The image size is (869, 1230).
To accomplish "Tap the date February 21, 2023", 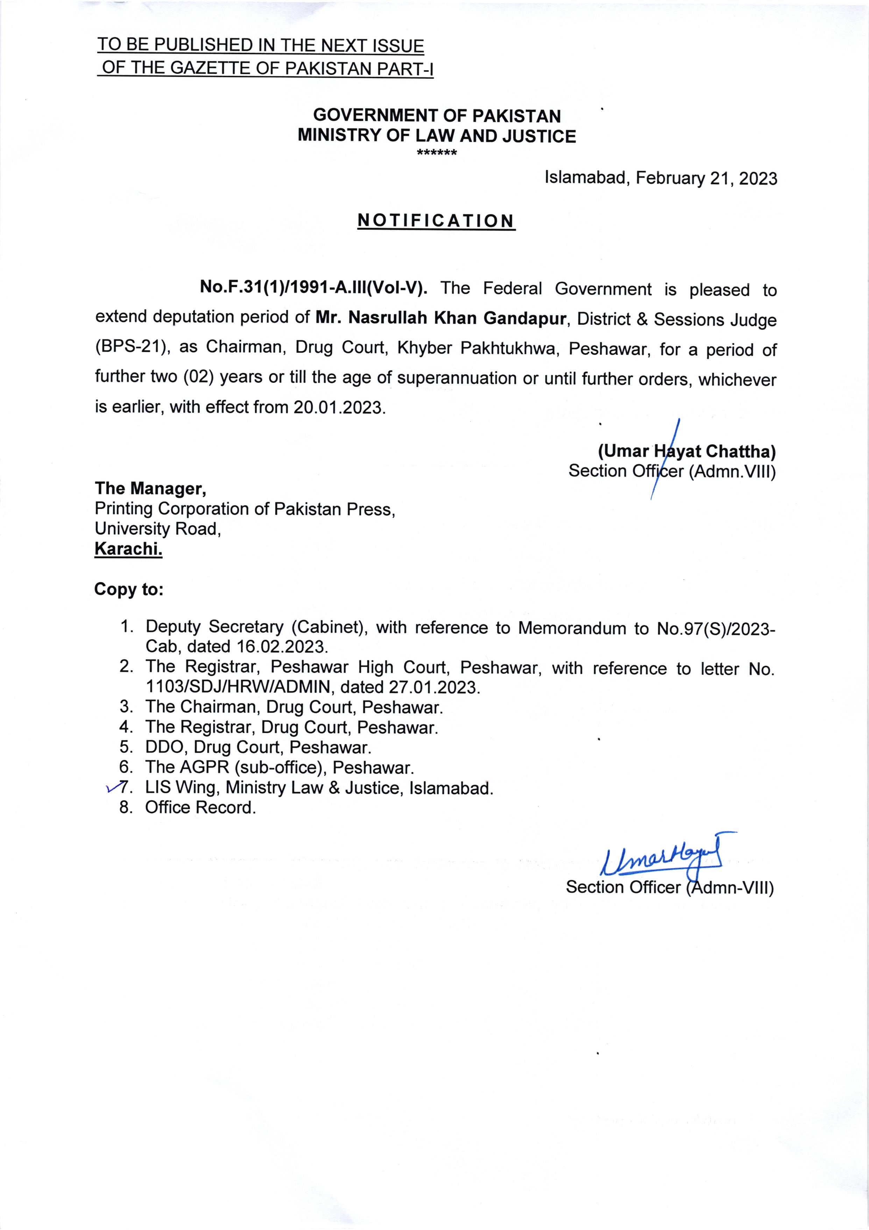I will pos(706,178).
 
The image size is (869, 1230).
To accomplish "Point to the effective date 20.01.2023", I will pos(339,408).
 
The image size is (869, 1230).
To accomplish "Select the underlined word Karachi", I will pos(128,549).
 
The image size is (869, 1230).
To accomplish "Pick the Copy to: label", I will pos(129,589).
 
